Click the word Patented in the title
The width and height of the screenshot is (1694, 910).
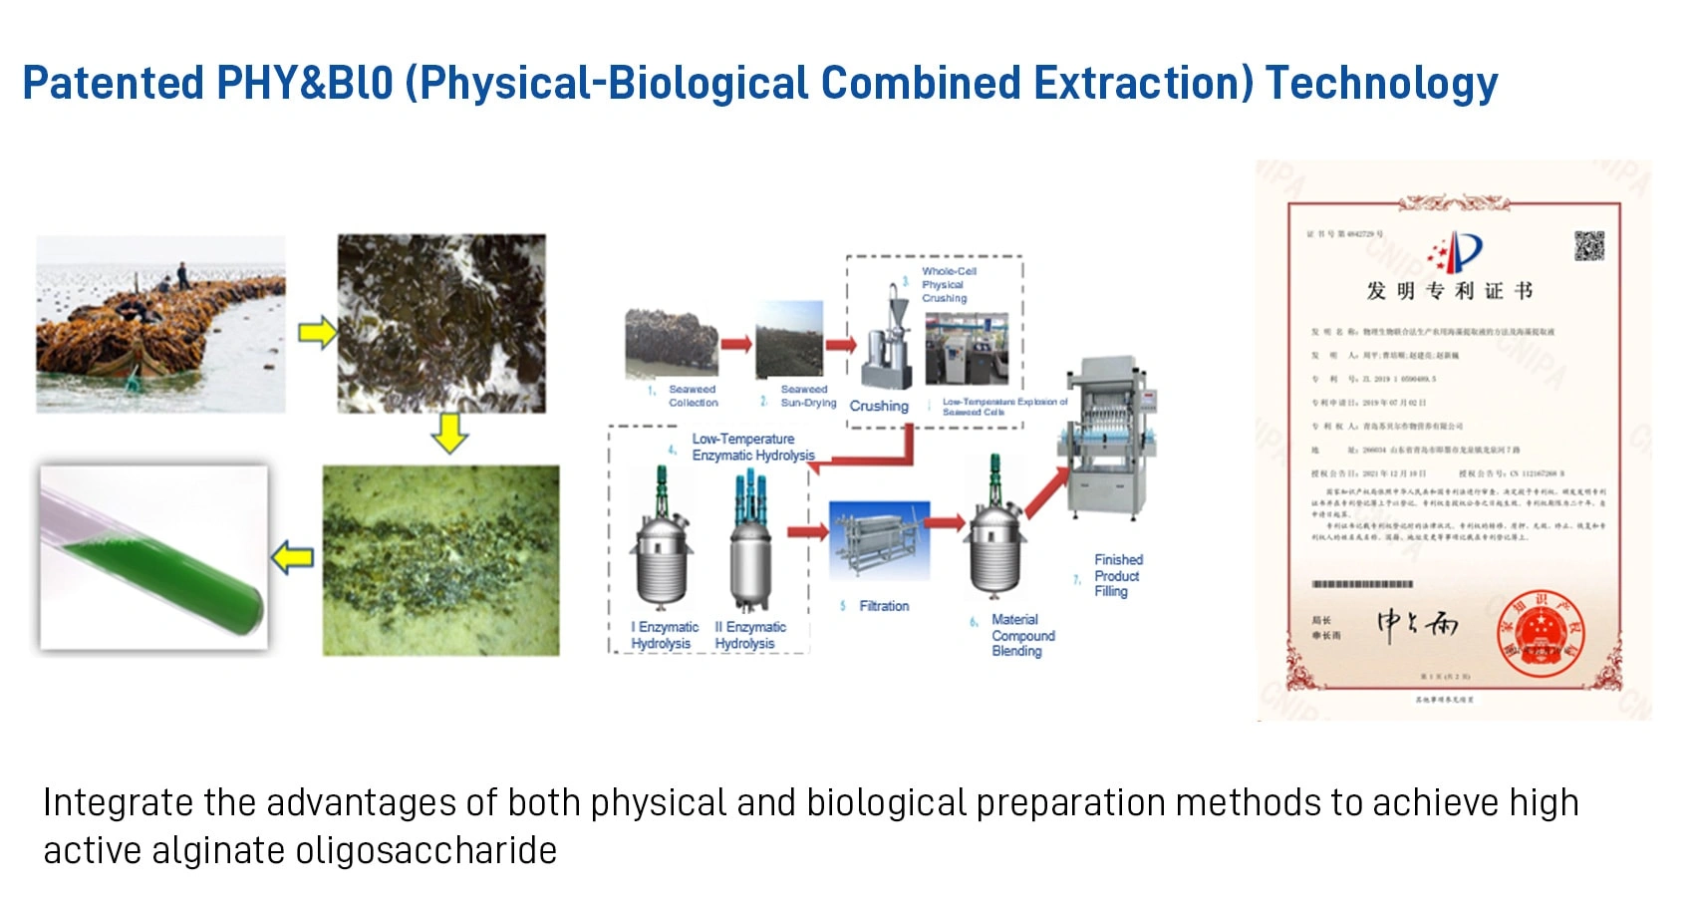pyautogui.click(x=113, y=83)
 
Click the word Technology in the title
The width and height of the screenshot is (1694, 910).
pyautogui.click(x=1381, y=83)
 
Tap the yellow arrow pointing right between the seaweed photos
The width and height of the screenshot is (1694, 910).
pyautogui.click(x=317, y=332)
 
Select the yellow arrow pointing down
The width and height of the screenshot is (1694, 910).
pyautogui.click(x=449, y=433)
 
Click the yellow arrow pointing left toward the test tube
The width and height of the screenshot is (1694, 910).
pyautogui.click(x=293, y=557)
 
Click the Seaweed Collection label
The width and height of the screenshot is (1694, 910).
pyautogui.click(x=693, y=396)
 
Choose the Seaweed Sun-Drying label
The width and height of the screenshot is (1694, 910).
pyautogui.click(x=807, y=396)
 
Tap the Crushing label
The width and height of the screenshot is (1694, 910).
pyautogui.click(x=878, y=406)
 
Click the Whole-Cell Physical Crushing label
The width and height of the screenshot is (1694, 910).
pyautogui.click(x=948, y=284)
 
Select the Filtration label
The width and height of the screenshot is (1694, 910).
pyautogui.click(x=883, y=606)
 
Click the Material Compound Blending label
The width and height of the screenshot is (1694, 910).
pyautogui.click(x=1021, y=635)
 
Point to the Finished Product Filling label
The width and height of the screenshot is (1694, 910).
pyautogui.click(x=1117, y=575)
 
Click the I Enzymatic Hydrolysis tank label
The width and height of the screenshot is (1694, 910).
pyautogui.click(x=664, y=635)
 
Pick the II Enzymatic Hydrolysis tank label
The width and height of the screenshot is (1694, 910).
pyautogui.click(x=749, y=635)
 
